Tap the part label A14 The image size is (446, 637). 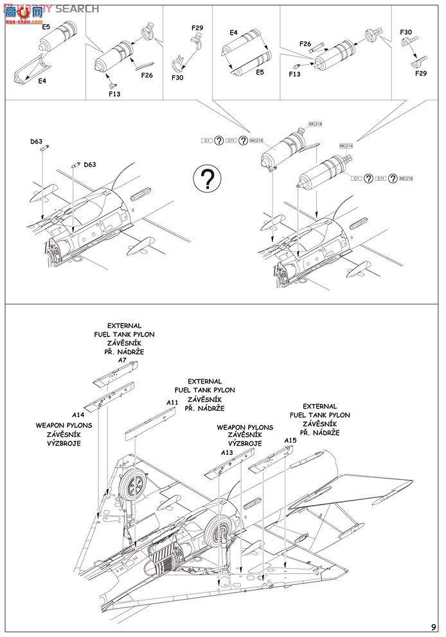pyautogui.click(x=78, y=415)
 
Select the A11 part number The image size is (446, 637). pyautogui.click(x=172, y=402)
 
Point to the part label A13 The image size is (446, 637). pyautogui.click(x=226, y=453)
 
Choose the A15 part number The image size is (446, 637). pyautogui.click(x=290, y=441)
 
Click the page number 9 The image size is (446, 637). pyautogui.click(x=434, y=627)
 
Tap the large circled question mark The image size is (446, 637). pyautogui.click(x=206, y=180)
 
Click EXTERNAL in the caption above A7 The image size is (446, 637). pyautogui.click(x=124, y=326)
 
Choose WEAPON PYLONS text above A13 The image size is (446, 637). pyautogui.click(x=245, y=427)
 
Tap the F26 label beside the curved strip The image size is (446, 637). pyautogui.click(x=147, y=75)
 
